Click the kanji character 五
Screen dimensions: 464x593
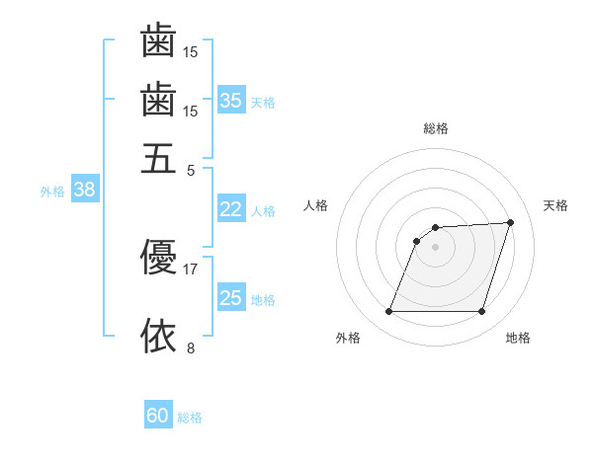coord(158,158)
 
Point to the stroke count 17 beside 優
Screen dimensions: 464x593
coord(191,269)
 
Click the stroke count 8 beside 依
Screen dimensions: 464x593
coord(191,348)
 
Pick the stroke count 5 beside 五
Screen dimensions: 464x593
coord(191,170)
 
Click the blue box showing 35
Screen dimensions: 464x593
coord(231,100)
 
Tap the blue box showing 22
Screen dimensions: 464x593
coord(231,209)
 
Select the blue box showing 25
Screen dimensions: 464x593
coord(231,298)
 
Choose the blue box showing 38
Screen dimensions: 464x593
coord(84,191)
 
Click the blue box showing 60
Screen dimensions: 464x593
coord(158,416)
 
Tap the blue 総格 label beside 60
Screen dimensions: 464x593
coord(190,418)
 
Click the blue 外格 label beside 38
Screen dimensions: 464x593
coord(52,192)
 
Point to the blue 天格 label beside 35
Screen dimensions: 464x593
coord(263,102)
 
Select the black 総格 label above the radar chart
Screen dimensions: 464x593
coord(435,128)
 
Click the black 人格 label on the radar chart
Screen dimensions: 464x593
coord(316,205)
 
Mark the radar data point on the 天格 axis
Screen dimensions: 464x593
coord(511,222)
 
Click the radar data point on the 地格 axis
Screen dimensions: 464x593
coord(481,312)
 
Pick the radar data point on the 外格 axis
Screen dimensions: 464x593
coord(388,312)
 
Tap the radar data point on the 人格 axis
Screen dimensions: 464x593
coord(417,240)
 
